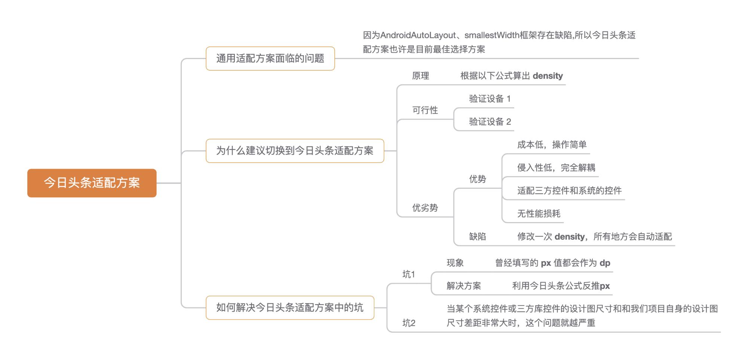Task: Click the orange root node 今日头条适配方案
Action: (x=92, y=183)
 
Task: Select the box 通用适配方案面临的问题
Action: (x=270, y=58)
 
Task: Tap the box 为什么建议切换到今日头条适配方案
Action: (x=295, y=151)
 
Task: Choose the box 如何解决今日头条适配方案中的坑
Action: (x=290, y=308)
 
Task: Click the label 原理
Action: (x=420, y=76)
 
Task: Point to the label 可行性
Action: (x=425, y=110)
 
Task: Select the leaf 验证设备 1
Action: (x=490, y=99)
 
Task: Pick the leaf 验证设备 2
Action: (x=490, y=121)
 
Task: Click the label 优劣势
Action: (x=425, y=208)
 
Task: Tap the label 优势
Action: (x=478, y=179)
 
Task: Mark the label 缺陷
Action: (x=478, y=237)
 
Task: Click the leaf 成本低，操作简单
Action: (x=552, y=145)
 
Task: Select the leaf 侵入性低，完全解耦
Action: (x=556, y=168)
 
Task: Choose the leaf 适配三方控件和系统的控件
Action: (x=569, y=191)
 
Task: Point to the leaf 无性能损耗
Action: (x=539, y=214)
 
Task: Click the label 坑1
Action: (x=409, y=274)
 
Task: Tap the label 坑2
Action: (x=409, y=323)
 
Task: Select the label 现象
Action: (x=455, y=263)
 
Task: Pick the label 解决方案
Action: (x=464, y=286)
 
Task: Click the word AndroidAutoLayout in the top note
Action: (x=418, y=35)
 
